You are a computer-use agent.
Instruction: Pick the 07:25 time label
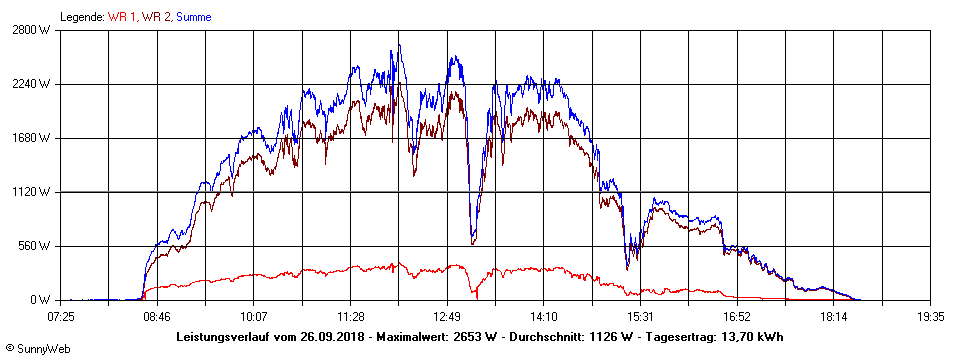[x=61, y=316]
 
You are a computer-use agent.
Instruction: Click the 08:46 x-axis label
[x=157, y=316]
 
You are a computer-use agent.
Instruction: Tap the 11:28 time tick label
[x=351, y=316]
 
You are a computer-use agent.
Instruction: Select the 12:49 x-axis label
[x=447, y=316]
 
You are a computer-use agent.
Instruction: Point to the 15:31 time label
[x=641, y=316]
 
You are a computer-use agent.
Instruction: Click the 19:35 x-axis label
[x=931, y=316]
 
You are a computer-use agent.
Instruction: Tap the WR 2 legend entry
[x=158, y=17]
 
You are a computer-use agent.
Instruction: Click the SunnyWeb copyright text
[x=37, y=349]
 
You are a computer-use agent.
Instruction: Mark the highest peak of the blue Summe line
[x=398, y=44]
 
